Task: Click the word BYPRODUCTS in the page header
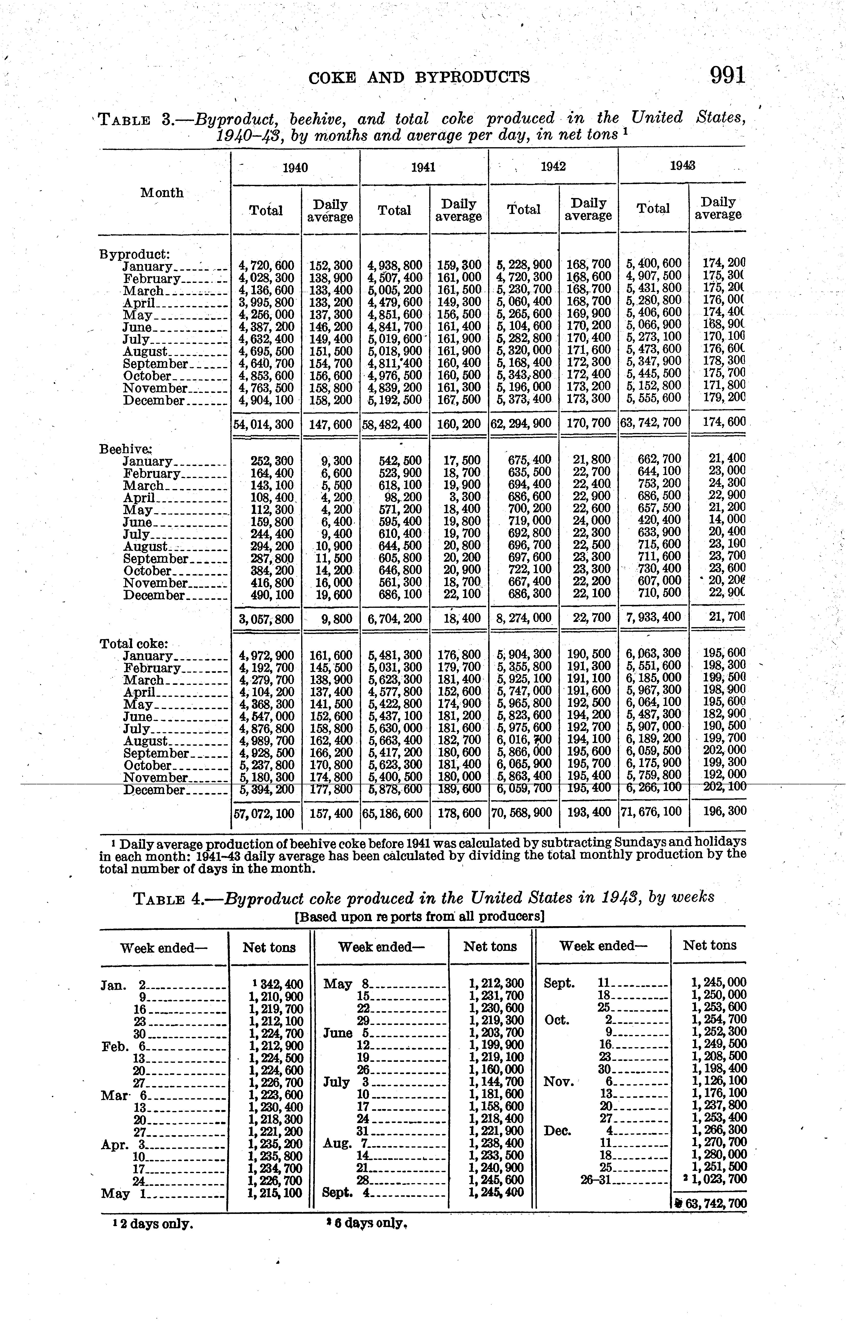coord(472,78)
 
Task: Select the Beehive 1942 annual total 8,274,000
coord(524,618)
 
